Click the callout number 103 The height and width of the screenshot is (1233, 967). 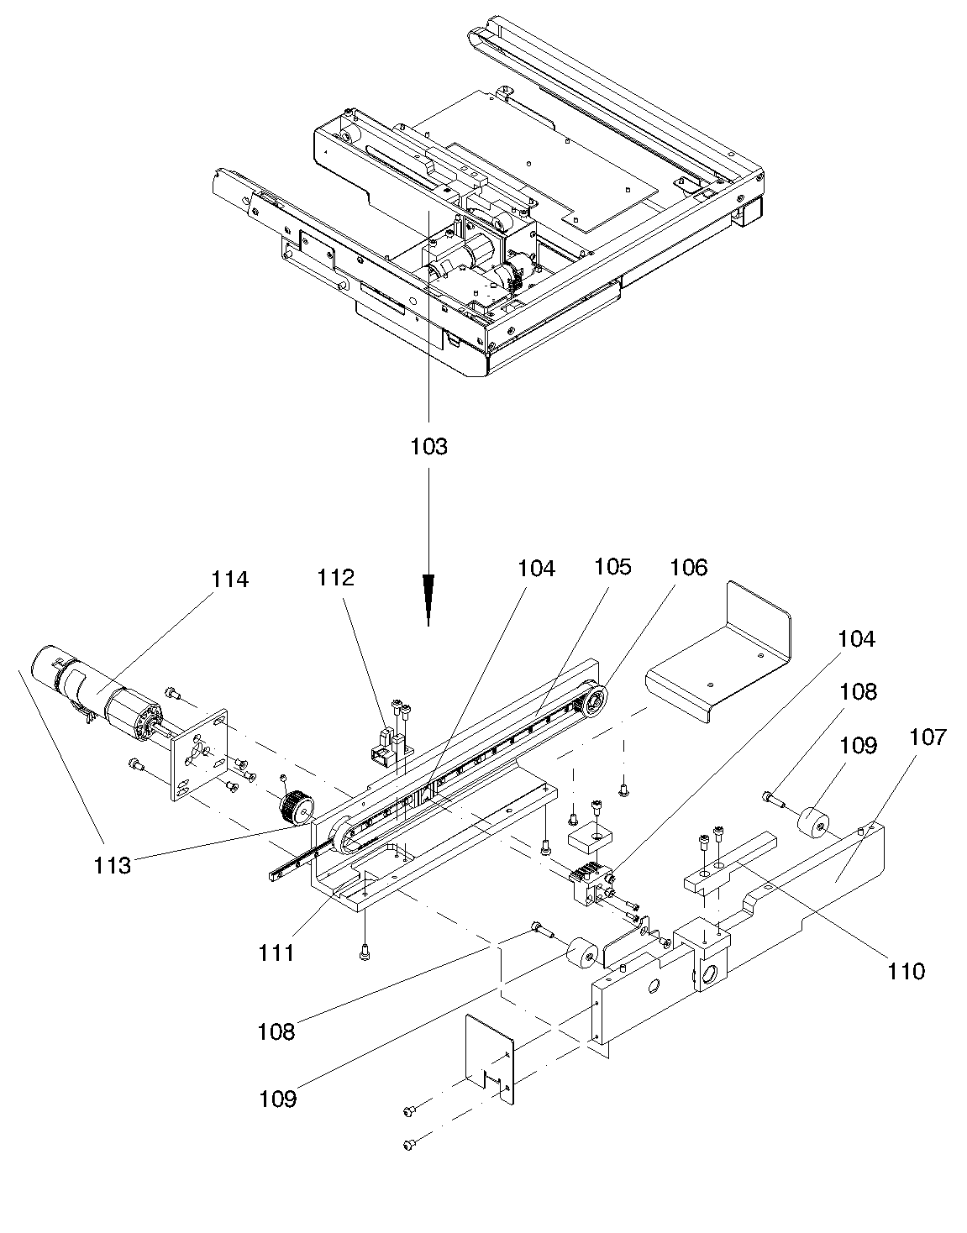428,447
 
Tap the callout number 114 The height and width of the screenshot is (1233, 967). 230,580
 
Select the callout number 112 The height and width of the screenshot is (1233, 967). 336,578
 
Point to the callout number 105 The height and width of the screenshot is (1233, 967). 613,566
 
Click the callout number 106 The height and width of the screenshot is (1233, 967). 689,568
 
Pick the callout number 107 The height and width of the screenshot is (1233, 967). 928,737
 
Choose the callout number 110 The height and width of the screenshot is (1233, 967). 906,972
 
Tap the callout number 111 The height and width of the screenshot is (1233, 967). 276,952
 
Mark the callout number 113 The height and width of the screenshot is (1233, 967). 113,866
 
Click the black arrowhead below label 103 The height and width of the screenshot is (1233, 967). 428,599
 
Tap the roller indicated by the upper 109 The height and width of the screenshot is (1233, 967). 813,823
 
